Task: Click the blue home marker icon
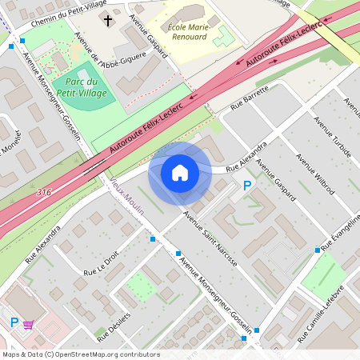click(x=180, y=172)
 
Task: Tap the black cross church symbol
click(x=110, y=18)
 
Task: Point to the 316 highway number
click(x=46, y=193)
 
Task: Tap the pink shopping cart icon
click(x=30, y=324)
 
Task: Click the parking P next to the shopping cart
click(x=14, y=322)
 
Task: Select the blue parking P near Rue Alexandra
click(x=247, y=186)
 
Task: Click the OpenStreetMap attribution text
click(x=82, y=354)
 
